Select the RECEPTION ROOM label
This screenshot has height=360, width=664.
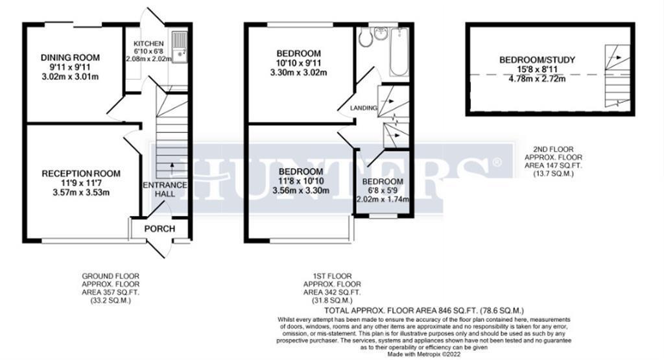tap(81, 173)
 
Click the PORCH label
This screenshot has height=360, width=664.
tap(159, 228)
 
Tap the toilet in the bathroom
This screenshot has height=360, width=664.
tap(366, 38)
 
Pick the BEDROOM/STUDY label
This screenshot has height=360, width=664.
tap(537, 60)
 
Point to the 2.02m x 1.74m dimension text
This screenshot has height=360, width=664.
tap(383, 199)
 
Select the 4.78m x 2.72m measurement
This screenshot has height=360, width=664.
tap(537, 79)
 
